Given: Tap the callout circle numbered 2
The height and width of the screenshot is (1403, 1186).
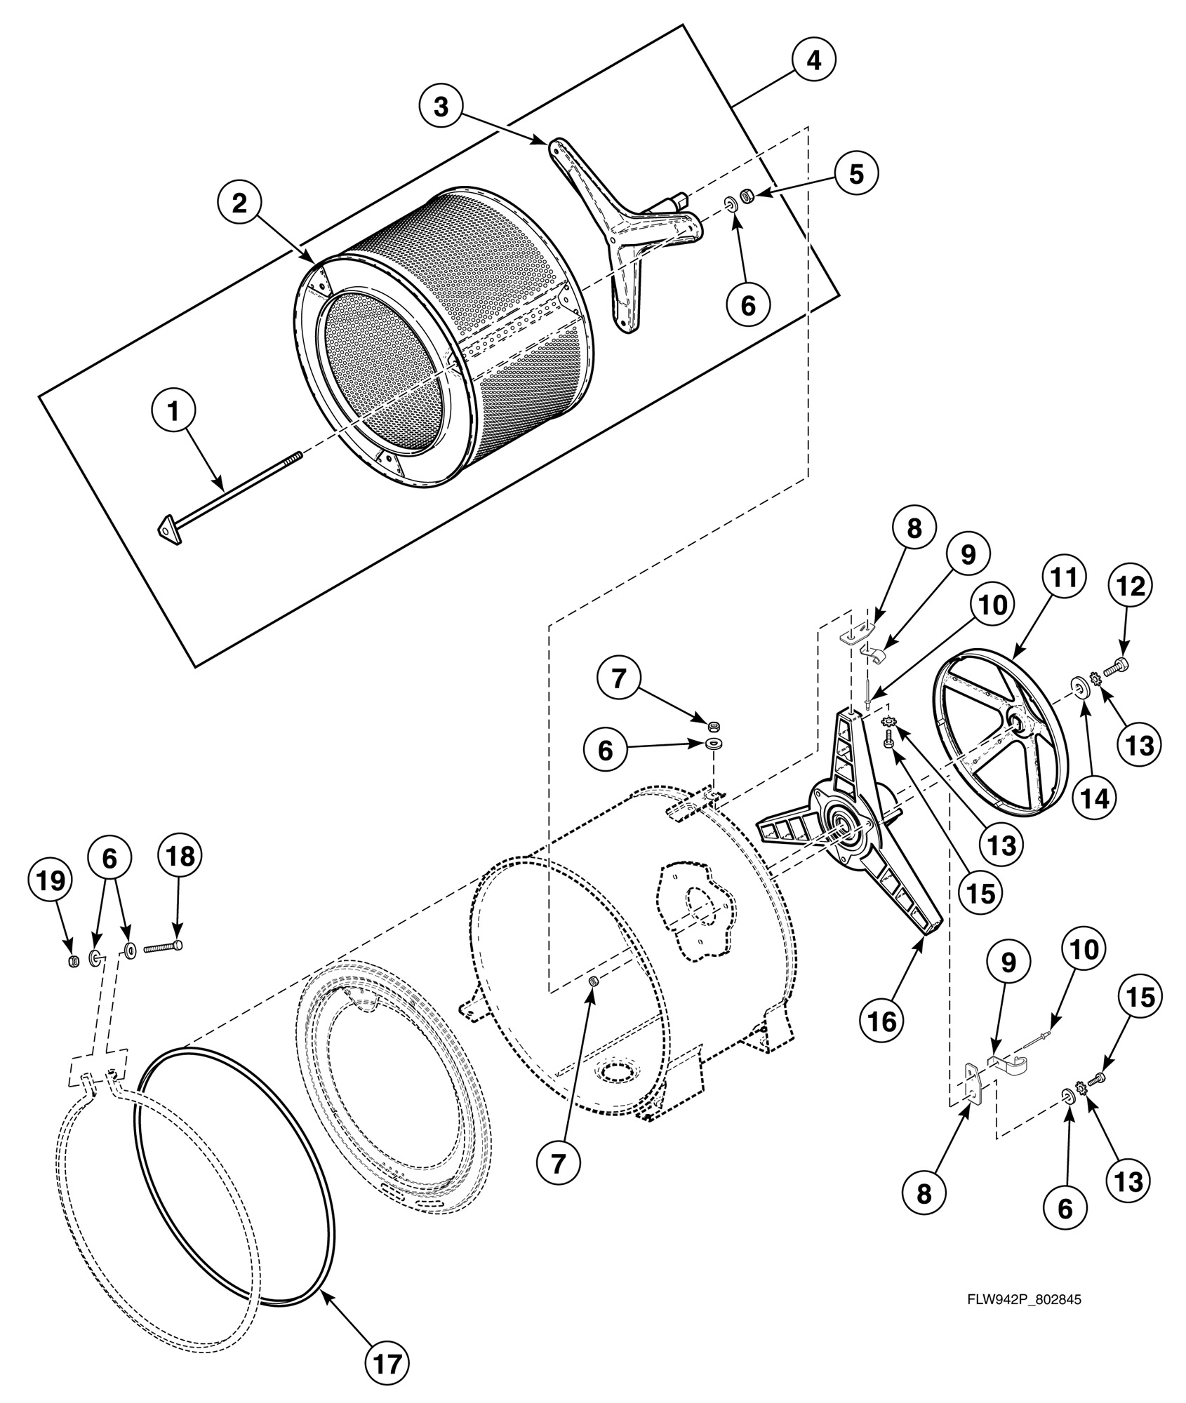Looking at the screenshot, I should click(239, 204).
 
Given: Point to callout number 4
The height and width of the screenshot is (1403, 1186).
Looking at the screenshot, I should click(813, 62).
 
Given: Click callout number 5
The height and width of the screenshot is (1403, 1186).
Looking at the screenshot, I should click(856, 173).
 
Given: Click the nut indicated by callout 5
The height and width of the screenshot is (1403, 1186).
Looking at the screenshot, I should click(748, 195).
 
